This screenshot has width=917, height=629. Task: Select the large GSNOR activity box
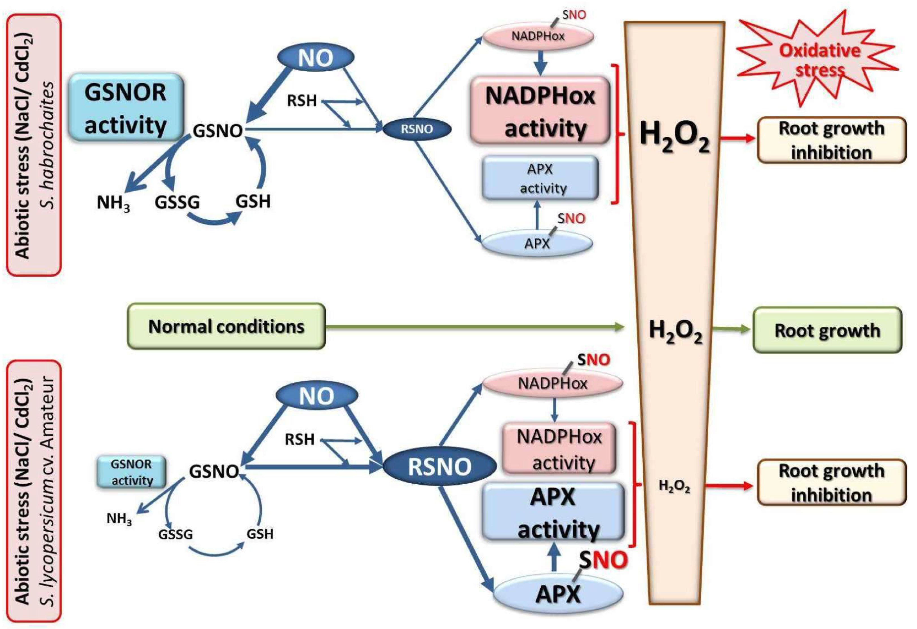[x=126, y=108]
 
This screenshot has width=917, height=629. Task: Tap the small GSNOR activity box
[x=131, y=472]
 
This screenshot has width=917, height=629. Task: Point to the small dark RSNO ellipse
[x=417, y=129]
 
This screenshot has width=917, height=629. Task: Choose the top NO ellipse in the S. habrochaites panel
[x=316, y=58]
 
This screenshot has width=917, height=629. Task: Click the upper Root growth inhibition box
[x=831, y=140]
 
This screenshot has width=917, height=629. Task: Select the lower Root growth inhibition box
[x=831, y=483]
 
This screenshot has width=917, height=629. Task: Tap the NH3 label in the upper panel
[x=113, y=203]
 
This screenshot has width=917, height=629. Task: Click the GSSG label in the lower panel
[x=176, y=535]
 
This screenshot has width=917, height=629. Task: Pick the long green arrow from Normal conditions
[x=474, y=327]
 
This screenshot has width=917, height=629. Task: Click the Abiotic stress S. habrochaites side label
[x=34, y=145]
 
